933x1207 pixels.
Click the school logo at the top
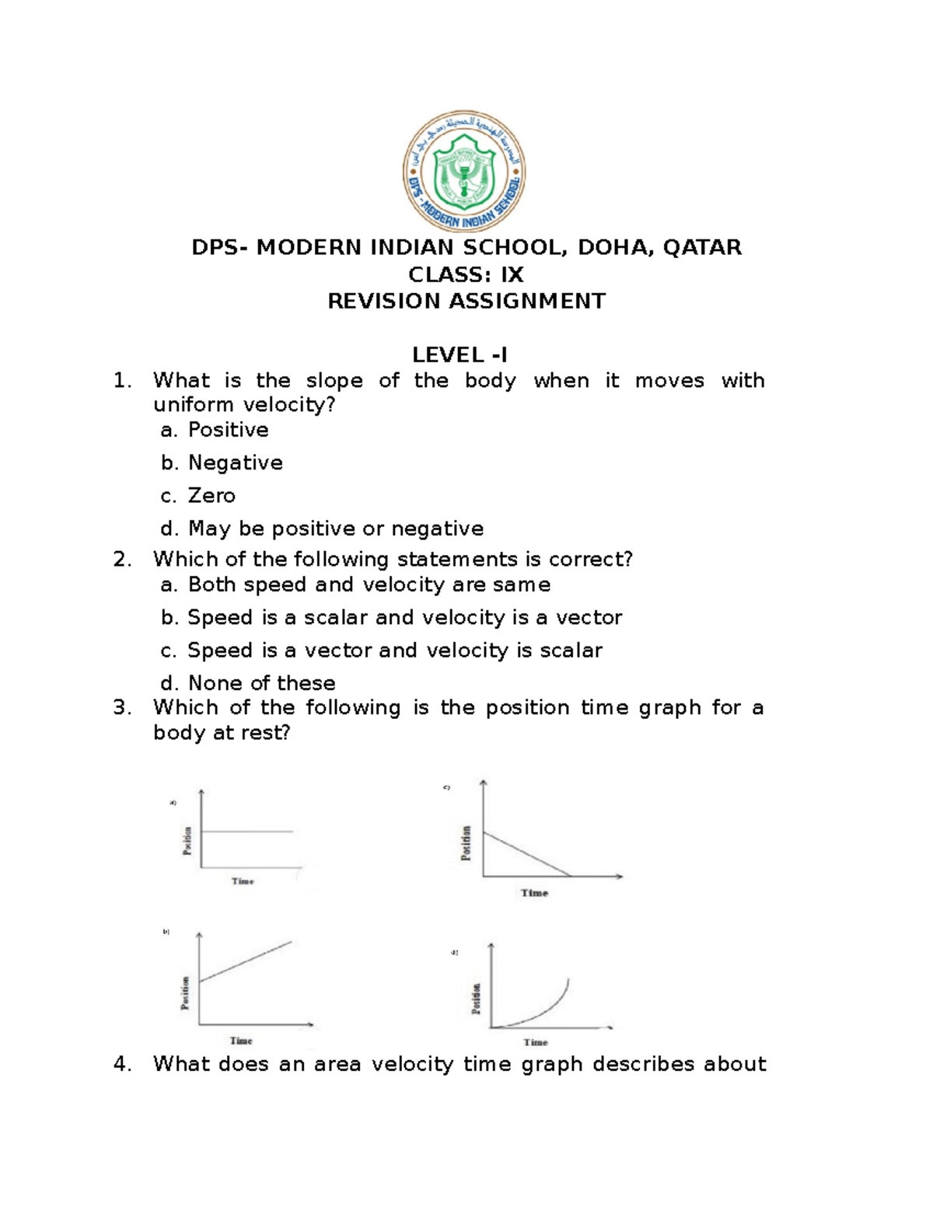point(464,172)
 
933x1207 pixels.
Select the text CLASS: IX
point(466,274)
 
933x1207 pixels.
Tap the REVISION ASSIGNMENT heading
point(466,301)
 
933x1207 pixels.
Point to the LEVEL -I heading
point(460,355)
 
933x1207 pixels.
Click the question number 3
point(121,708)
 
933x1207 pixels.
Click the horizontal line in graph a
point(246,832)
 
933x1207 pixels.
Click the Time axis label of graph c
point(534,893)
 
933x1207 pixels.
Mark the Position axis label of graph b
point(185,992)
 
